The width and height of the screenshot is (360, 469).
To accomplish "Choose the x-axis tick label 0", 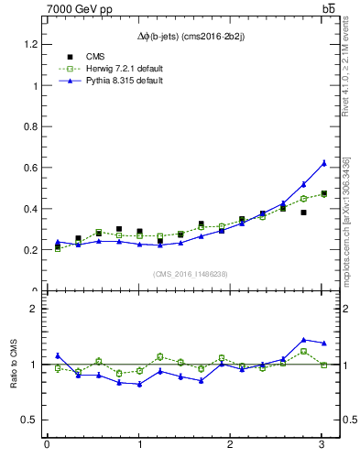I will pos(47,445).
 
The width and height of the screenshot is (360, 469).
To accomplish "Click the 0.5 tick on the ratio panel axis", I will pos(27,420).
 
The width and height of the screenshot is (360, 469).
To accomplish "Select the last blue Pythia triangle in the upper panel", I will pos(324,163).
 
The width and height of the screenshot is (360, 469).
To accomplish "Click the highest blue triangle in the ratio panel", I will pos(304,340).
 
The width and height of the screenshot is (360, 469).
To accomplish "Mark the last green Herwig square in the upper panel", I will pos(324,194).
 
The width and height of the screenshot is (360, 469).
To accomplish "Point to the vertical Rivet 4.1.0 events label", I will pos(346,73).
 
